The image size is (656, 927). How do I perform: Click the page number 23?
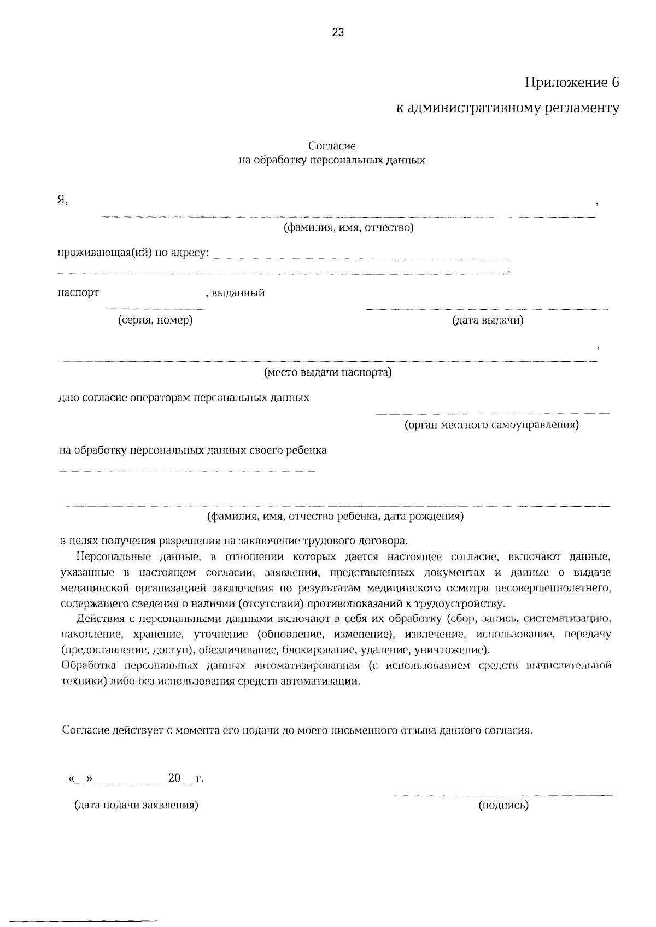pos(337,32)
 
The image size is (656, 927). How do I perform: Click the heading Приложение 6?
pos(572,83)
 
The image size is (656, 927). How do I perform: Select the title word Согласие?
pos(332,146)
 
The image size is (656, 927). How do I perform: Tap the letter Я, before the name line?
pos(63,200)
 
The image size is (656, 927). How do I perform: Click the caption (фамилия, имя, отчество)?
pos(348,227)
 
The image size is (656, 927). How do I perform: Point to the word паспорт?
pos(78,292)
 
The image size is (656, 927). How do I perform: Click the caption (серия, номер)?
pos(155,320)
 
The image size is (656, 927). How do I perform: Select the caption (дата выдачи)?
pos(488,320)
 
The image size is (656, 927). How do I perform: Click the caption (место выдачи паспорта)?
pos(328,373)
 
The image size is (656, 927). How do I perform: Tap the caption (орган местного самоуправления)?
pos(491,425)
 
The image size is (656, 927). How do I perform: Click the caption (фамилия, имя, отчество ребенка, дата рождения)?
pos(335,516)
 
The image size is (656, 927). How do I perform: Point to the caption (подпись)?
pos(503,805)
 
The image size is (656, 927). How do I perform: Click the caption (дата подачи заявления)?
pos(136,805)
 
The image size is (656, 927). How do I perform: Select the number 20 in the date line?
pos(174,777)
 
